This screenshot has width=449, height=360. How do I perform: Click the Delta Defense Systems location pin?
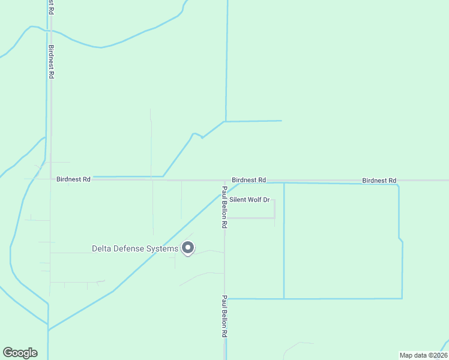click(x=188, y=248)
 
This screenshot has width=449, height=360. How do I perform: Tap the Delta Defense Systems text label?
click(x=134, y=248)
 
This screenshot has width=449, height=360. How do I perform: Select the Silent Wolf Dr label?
click(x=250, y=199)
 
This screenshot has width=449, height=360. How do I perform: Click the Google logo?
click(x=20, y=353)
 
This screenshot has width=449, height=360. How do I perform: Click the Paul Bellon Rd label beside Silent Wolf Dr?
click(x=224, y=207)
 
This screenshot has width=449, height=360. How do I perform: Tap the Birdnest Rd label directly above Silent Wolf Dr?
click(x=249, y=180)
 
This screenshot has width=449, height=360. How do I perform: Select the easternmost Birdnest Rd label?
click(x=379, y=181)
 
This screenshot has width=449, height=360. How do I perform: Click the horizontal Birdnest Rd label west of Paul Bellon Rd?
click(x=73, y=179)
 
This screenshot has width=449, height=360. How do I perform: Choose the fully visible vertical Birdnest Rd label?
click(x=52, y=62)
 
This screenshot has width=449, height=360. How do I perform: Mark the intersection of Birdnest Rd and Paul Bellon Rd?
click(x=224, y=180)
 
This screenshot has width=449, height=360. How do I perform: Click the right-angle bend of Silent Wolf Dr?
click(x=274, y=218)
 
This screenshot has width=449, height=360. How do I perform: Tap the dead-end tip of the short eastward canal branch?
click(x=282, y=121)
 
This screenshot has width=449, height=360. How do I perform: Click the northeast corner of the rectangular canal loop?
click(x=398, y=185)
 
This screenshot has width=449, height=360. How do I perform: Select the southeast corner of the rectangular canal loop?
click(x=402, y=298)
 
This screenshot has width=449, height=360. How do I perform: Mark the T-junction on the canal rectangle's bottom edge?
click(x=284, y=298)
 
